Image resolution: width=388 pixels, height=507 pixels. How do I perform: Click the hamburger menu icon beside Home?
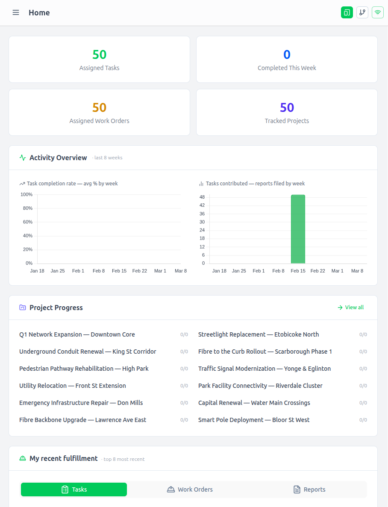point(16,12)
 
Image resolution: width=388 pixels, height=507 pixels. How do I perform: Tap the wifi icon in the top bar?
point(377,12)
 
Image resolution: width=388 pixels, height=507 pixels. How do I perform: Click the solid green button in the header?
point(347,12)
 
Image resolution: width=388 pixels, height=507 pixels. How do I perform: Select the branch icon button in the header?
point(362,12)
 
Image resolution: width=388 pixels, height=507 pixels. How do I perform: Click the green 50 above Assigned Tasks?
point(99,55)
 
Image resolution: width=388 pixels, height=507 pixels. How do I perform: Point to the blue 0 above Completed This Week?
point(287,55)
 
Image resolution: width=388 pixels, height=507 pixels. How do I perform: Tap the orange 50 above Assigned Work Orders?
point(99,108)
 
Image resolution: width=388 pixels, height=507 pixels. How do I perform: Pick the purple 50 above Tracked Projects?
point(287,108)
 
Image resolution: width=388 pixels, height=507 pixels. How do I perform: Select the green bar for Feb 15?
point(298,229)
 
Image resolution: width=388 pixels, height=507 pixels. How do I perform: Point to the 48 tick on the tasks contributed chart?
point(202,197)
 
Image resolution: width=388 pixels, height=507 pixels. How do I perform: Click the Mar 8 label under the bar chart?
point(357,271)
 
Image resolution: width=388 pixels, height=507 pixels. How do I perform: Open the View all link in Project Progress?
point(351,308)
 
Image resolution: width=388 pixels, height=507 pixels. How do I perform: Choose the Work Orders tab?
point(190,489)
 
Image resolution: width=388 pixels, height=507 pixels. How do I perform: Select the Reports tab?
point(309,489)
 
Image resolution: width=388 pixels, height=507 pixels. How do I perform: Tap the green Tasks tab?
point(74,489)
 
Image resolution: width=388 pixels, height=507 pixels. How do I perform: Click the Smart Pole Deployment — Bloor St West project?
point(254,420)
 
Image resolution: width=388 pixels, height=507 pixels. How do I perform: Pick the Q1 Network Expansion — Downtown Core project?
point(77,334)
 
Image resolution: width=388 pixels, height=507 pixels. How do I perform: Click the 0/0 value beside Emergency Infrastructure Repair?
point(184,403)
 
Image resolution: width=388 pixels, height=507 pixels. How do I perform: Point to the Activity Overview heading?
point(58,158)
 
